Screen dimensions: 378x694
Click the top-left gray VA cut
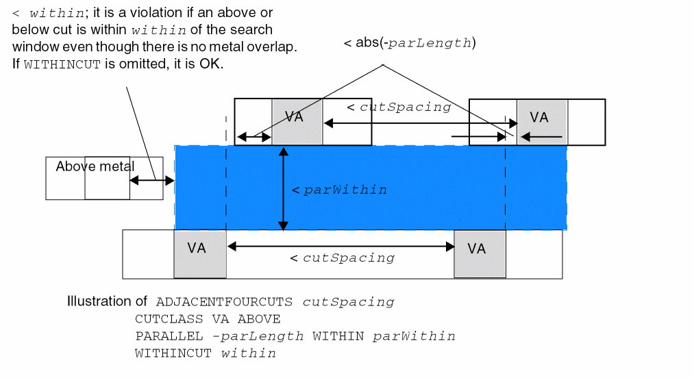tap(297, 122)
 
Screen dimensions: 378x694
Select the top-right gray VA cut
tap(542, 122)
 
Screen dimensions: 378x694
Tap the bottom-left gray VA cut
tap(199, 254)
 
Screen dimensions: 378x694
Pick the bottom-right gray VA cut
tap(480, 254)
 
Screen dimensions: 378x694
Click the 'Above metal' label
tap(95, 166)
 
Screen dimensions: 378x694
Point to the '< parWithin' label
tap(339, 190)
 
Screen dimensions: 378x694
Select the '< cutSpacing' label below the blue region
tap(343, 258)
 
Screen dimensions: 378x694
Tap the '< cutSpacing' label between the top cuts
tap(399, 108)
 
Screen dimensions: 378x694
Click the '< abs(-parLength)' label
tap(410, 43)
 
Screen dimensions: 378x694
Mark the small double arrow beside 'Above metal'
tap(151, 181)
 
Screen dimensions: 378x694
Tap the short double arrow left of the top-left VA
tap(253, 138)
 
